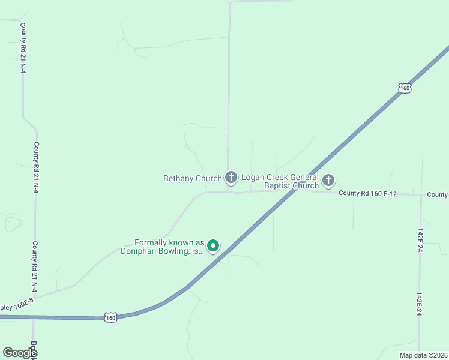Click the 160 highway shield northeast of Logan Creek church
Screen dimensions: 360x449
coord(405,88)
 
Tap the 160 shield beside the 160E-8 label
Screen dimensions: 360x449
coord(110,317)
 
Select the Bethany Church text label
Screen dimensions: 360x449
coord(193,178)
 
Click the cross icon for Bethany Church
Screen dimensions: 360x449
coord(231,177)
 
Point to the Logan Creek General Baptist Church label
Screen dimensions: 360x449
coord(280,181)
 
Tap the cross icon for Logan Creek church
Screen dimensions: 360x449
coord(328,180)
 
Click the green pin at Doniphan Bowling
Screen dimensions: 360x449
coord(213,245)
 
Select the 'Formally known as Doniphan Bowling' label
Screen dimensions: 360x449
coord(166,247)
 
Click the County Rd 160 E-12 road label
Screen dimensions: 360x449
coord(369,193)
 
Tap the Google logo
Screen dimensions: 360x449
coord(20,353)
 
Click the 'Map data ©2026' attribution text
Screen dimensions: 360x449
coord(423,355)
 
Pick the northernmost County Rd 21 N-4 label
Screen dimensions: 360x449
coord(23,48)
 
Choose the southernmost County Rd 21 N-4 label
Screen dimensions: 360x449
coord(35,267)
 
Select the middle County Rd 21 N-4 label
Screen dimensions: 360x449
coord(36,167)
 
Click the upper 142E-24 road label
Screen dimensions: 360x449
coord(421,239)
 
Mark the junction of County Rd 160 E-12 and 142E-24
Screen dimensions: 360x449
coord(421,194)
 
